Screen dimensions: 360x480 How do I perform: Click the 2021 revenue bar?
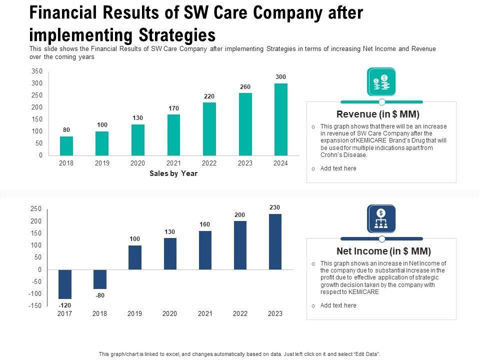coord(173,134)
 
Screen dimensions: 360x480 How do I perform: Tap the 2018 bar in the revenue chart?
coord(66,145)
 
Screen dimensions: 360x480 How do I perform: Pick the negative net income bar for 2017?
coord(65,284)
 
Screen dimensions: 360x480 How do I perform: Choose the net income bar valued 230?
coord(275,241)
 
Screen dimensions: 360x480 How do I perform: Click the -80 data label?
coord(100,295)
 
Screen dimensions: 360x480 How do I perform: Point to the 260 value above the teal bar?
coord(245,87)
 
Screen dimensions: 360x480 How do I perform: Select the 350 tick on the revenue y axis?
coord(37,71)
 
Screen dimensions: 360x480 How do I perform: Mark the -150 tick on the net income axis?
coord(35,306)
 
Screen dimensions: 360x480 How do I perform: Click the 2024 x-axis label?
coord(281,163)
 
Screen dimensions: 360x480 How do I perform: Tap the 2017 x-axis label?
coord(65,314)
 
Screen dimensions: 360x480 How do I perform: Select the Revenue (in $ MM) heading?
coord(378,114)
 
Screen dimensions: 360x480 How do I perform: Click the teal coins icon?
coord(381,82)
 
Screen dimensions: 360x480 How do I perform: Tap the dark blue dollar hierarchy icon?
coord(381,219)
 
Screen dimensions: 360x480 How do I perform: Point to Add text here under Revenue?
coord(338,168)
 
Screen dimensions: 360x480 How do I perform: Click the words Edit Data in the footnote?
coord(367,354)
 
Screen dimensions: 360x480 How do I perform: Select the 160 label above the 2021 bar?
coord(205,224)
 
